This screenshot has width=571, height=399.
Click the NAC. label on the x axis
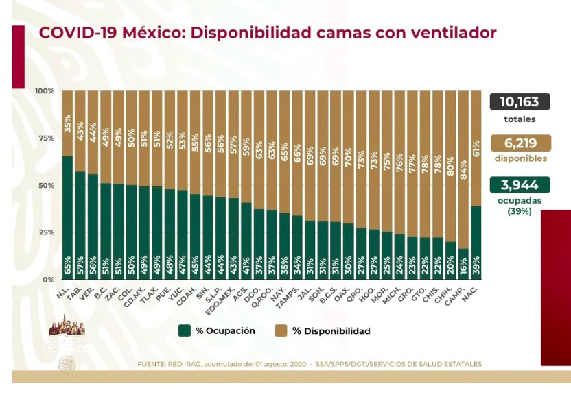[x=474, y=290]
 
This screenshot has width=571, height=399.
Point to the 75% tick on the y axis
[x=45, y=138]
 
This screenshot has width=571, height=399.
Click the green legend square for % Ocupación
[x=184, y=330]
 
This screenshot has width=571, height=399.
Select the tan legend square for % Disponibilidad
[x=281, y=330]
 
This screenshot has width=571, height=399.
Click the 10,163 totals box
[x=519, y=102]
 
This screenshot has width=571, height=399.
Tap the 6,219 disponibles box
[x=519, y=143]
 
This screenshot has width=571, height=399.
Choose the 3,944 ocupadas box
[x=519, y=184]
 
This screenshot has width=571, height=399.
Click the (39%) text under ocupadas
[x=519, y=212]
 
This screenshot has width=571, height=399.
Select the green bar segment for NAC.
[x=476, y=243]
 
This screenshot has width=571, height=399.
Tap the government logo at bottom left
[x=67, y=332]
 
